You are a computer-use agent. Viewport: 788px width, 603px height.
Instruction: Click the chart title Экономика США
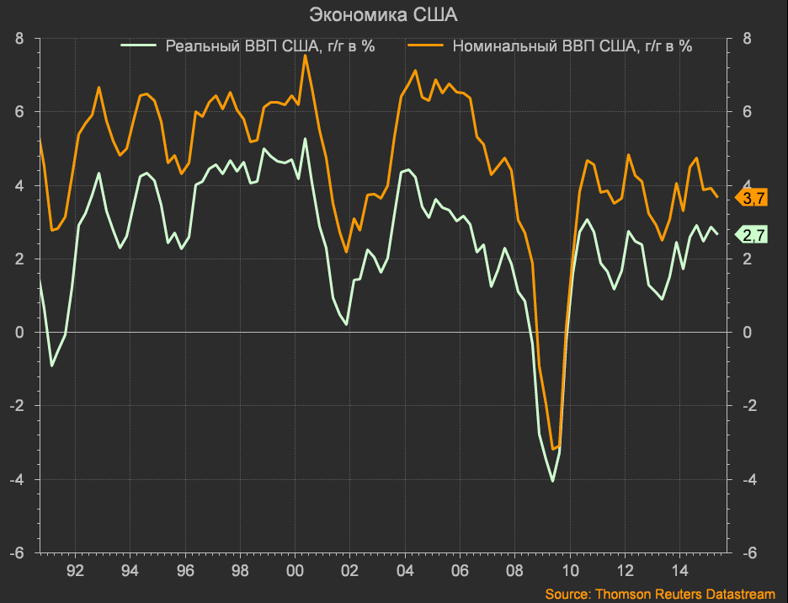click(x=394, y=14)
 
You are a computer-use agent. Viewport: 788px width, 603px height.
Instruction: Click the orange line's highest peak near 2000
click(x=305, y=56)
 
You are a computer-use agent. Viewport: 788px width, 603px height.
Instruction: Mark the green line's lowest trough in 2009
click(x=552, y=481)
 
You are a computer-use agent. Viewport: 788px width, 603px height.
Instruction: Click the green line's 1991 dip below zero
click(x=52, y=366)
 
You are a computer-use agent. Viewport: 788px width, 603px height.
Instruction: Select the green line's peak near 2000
click(x=305, y=139)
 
